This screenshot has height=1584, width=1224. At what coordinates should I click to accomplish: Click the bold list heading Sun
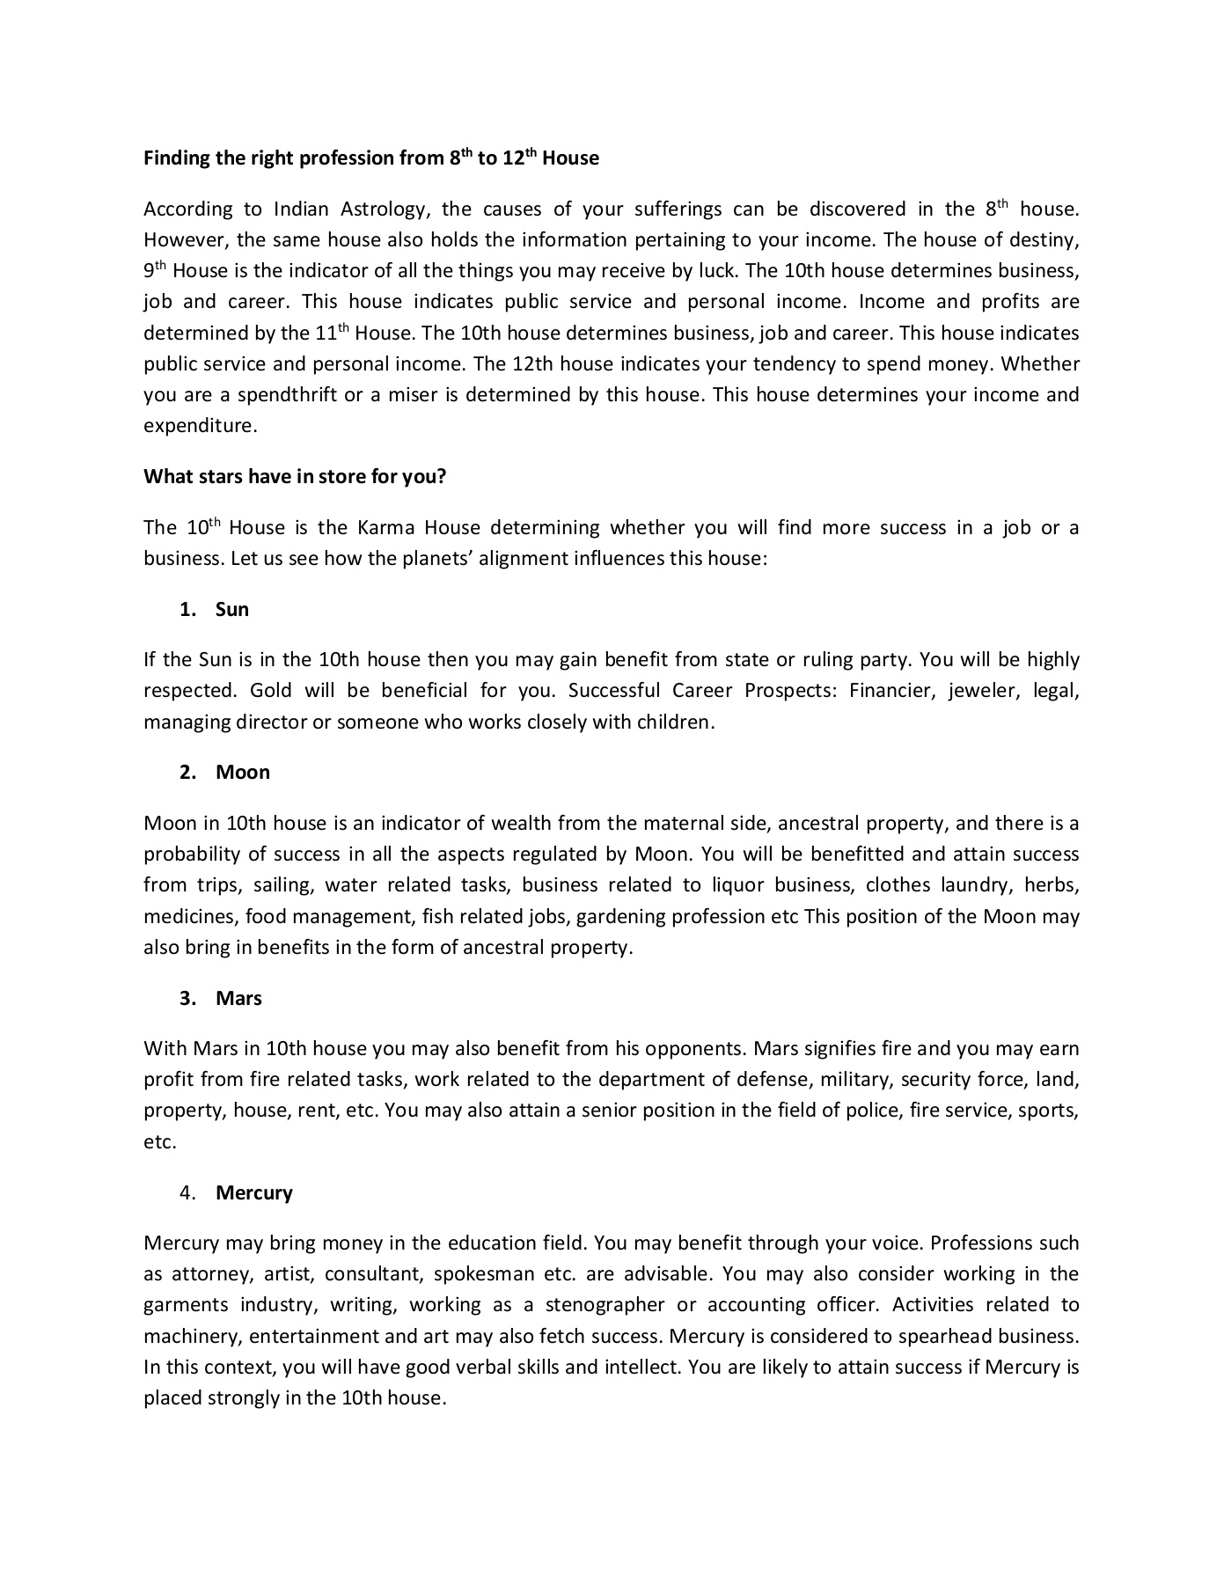(232, 610)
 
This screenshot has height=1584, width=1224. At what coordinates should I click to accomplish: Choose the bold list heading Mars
(239, 999)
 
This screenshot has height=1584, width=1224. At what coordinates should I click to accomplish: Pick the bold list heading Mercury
(254, 1193)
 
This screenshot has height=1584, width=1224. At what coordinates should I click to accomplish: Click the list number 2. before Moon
(187, 773)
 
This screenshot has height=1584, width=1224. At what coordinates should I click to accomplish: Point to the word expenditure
(200, 426)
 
